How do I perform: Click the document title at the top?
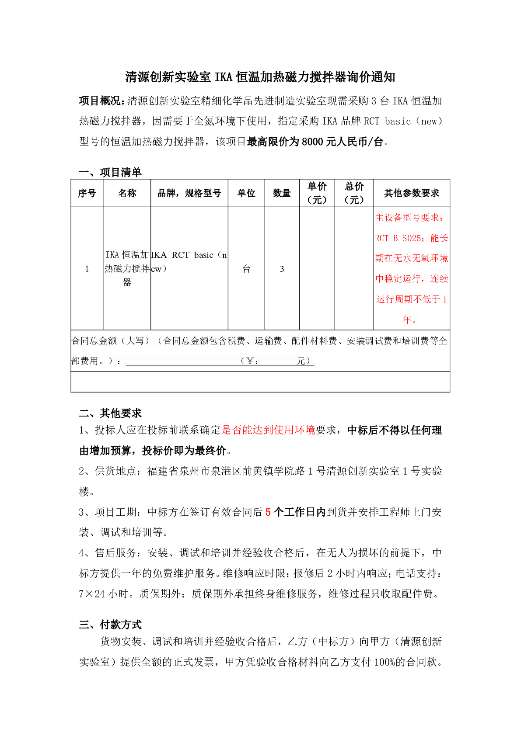(x=260, y=77)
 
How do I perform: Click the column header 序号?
(x=87, y=193)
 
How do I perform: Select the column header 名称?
(x=127, y=193)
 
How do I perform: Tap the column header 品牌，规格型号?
(x=189, y=193)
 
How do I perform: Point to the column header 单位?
(x=246, y=193)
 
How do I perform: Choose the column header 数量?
(x=282, y=193)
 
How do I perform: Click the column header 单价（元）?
(x=317, y=193)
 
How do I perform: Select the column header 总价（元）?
(x=354, y=193)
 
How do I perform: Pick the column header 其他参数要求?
(x=411, y=193)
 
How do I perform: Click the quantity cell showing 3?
(x=282, y=269)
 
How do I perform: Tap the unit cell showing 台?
(x=246, y=269)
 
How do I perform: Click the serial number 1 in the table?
(x=87, y=269)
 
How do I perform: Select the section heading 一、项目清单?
(x=110, y=172)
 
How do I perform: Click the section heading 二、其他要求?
(x=110, y=413)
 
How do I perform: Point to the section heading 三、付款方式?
(x=110, y=625)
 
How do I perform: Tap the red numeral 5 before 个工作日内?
(x=268, y=512)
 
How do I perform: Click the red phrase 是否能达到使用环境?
(x=268, y=430)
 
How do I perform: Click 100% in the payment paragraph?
(x=385, y=662)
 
